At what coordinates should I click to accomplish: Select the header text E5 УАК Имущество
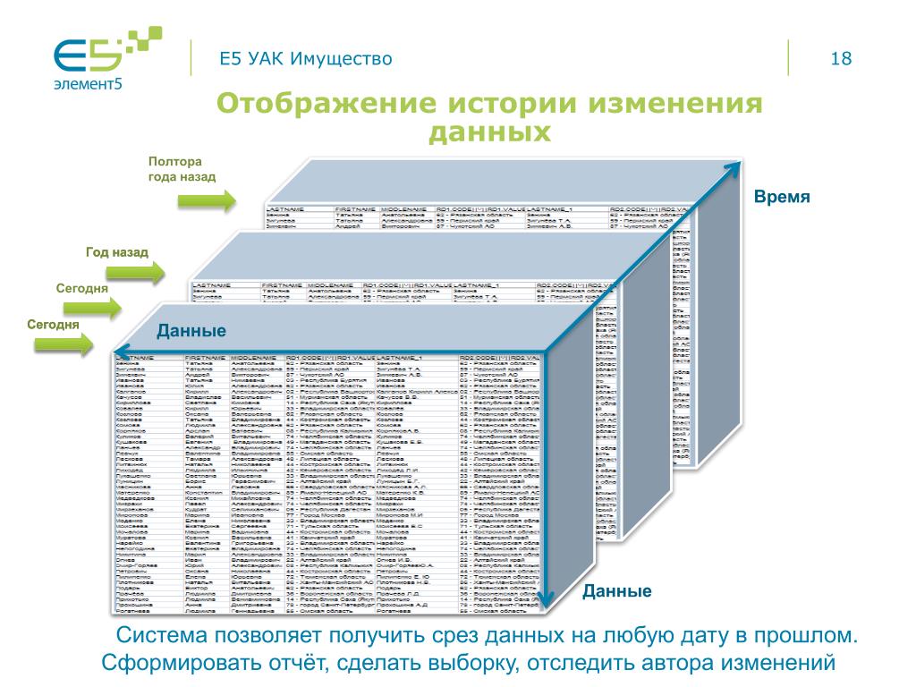pos(307,59)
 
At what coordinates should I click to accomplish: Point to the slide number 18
pos(841,59)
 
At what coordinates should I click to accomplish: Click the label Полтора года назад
pos(182,169)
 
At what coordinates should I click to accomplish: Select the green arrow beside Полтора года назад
pos(207,200)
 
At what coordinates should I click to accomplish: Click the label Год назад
pos(117,253)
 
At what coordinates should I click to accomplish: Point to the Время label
pos(781,197)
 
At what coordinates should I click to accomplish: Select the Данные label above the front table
pos(191,332)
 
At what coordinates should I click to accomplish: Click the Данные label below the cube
pos(617,591)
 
